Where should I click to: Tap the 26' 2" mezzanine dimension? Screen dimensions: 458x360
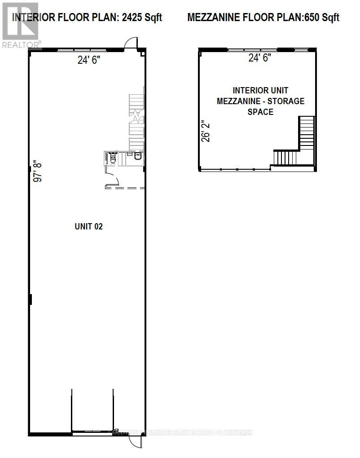[206, 131]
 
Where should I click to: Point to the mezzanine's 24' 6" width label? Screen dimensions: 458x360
[260, 58]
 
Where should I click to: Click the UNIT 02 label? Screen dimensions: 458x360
[88, 226]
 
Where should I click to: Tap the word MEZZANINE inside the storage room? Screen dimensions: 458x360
[237, 101]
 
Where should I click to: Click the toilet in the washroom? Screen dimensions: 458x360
[113, 158]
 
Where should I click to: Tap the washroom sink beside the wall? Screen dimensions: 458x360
[137, 157]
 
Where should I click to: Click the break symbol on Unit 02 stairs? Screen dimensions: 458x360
[134, 118]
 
